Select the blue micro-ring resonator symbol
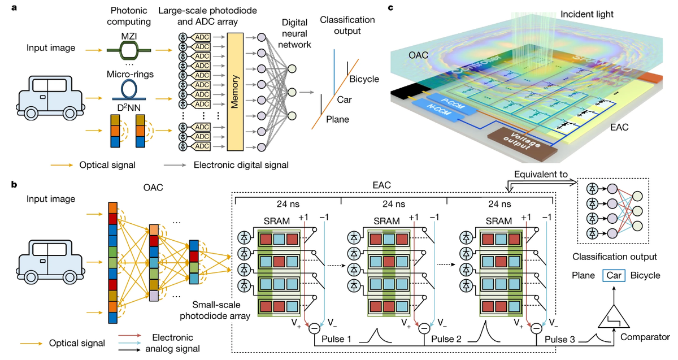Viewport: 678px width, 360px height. click(x=130, y=88)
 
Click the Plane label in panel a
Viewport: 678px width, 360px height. click(x=337, y=119)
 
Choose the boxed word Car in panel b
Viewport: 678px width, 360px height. click(x=613, y=276)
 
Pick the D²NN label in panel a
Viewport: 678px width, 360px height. click(x=130, y=106)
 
